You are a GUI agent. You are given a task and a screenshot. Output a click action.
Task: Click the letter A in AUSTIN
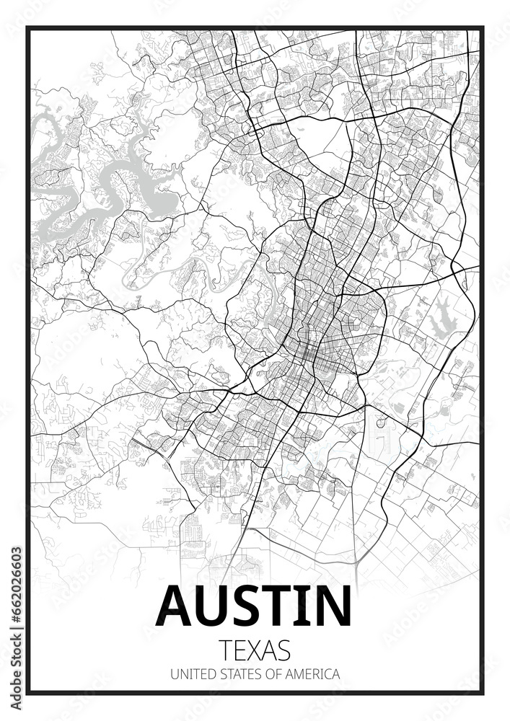[x=177, y=606]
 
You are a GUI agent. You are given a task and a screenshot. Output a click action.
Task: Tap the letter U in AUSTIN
[x=216, y=607]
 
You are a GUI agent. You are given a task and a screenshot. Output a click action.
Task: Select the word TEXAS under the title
[x=255, y=650]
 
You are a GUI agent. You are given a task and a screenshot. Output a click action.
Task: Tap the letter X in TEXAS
[x=256, y=650]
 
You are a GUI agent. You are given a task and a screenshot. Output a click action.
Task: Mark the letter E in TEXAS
[x=240, y=650]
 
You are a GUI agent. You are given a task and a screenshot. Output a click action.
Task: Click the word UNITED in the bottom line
[x=188, y=675]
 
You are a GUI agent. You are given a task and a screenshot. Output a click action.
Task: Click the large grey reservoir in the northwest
[x=155, y=195]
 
